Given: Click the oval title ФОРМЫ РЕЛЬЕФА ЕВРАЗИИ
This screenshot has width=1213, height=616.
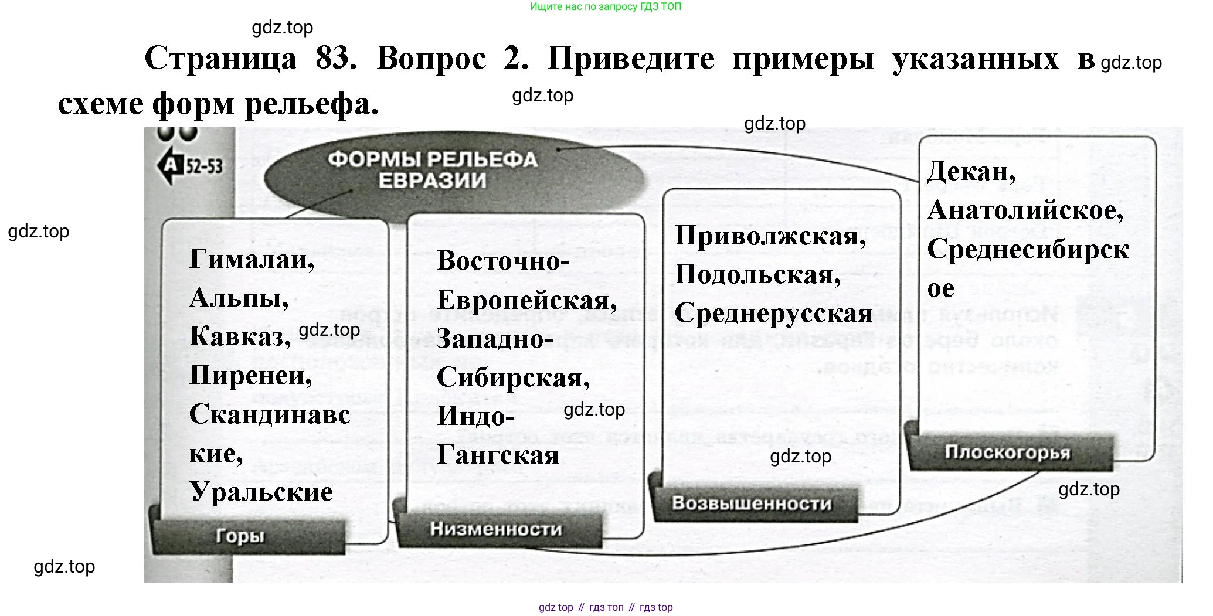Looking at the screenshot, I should (432, 169).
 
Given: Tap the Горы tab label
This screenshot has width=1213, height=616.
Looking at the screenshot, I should (240, 536).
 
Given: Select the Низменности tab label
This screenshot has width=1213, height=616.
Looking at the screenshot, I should (496, 529).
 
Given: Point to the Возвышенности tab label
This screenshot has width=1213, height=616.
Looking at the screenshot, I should (752, 503).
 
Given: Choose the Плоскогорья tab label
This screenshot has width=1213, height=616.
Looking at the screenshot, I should (1007, 452).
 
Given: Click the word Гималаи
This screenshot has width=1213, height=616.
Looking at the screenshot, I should (252, 259).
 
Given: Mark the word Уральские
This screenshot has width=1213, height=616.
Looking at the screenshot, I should (261, 491).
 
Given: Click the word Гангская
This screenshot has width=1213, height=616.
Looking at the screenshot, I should (498, 455).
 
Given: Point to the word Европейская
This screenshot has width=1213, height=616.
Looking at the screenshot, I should (526, 300).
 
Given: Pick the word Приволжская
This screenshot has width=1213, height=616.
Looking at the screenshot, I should (770, 236).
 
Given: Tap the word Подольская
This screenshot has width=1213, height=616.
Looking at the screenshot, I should (757, 274).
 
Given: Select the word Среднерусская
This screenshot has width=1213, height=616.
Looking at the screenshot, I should (773, 313).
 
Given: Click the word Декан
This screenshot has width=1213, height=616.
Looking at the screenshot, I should (971, 171).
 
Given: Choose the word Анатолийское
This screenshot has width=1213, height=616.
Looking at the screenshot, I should (1025, 210).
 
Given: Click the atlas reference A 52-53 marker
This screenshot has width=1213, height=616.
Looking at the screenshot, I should (191, 166).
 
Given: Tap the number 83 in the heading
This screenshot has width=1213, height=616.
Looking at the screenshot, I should (335, 59).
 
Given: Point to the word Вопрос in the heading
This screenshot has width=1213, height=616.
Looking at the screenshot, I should (431, 59).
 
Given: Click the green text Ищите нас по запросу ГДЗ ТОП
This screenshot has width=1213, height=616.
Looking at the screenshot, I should (606, 7).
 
